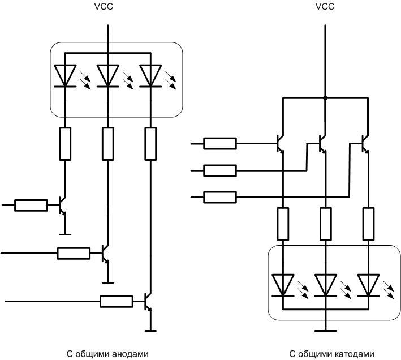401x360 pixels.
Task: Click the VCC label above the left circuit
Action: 106,7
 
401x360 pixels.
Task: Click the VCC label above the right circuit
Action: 325,7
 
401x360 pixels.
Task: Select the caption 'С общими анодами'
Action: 107,354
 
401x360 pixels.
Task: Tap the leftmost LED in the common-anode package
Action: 65,76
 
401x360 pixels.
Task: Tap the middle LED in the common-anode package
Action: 107,76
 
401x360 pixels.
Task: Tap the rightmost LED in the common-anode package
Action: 150,76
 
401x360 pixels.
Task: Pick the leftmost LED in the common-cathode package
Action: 282,285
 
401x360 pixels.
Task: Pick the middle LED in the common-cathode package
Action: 325,285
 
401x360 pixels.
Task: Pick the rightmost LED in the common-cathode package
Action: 368,285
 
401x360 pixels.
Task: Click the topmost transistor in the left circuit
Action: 62,205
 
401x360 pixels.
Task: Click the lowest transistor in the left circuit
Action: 147,301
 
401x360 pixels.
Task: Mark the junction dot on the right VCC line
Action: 325,98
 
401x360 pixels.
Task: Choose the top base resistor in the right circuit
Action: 220,143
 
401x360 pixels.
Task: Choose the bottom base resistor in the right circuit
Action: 220,197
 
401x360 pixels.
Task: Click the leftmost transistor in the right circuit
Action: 280,143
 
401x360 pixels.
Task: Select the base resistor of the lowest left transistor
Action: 117,301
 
